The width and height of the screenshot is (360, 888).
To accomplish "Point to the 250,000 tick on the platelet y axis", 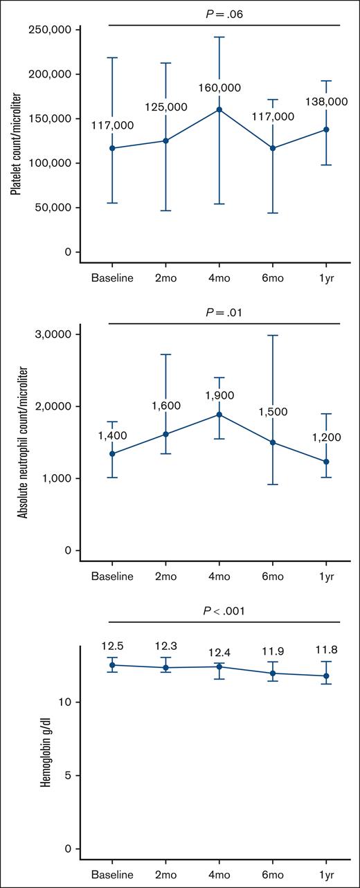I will (x=51, y=30).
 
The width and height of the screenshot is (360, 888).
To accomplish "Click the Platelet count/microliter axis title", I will (x=15, y=141).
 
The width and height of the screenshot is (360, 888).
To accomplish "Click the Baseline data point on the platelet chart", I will (x=112, y=148).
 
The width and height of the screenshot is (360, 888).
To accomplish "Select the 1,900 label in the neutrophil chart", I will (x=219, y=395).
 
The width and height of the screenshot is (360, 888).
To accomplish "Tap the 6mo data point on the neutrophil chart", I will (x=273, y=442).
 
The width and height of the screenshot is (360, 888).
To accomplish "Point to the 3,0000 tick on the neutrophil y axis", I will (x=56, y=334).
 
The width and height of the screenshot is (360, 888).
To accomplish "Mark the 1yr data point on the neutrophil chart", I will (x=326, y=462).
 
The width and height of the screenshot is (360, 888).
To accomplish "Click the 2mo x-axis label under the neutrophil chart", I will (x=165, y=576).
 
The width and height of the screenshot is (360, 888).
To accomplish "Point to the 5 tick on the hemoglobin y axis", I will (x=69, y=775).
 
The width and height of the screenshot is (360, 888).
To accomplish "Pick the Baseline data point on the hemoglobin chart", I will (x=112, y=665).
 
